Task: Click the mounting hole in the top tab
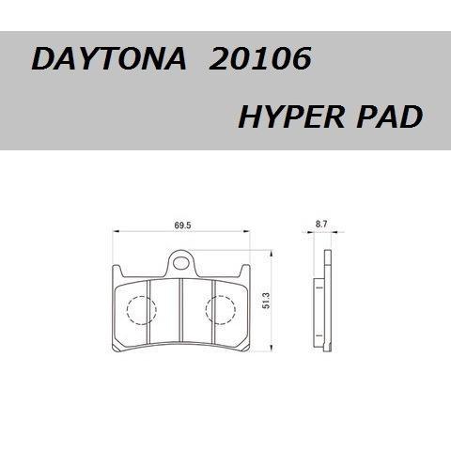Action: tap(183, 259)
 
